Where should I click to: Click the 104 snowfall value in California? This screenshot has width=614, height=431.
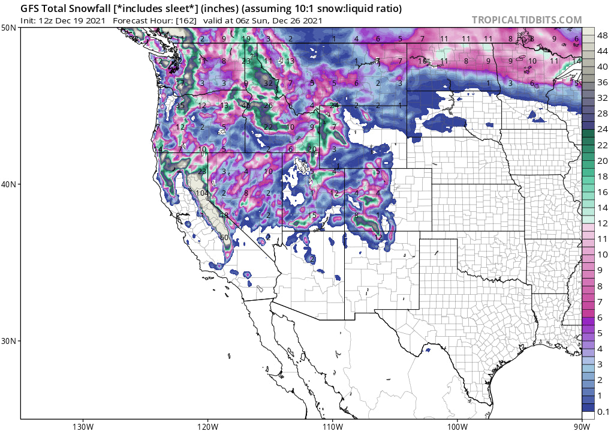point(201,193)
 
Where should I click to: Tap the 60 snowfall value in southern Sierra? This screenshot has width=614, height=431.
point(224,238)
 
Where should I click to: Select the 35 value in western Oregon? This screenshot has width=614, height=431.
point(180,106)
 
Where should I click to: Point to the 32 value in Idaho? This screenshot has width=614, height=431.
point(268,83)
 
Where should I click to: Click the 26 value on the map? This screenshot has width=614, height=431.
point(268,106)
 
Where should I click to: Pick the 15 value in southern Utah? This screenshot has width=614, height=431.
point(312,216)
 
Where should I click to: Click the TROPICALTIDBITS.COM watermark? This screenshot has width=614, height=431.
point(526,20)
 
